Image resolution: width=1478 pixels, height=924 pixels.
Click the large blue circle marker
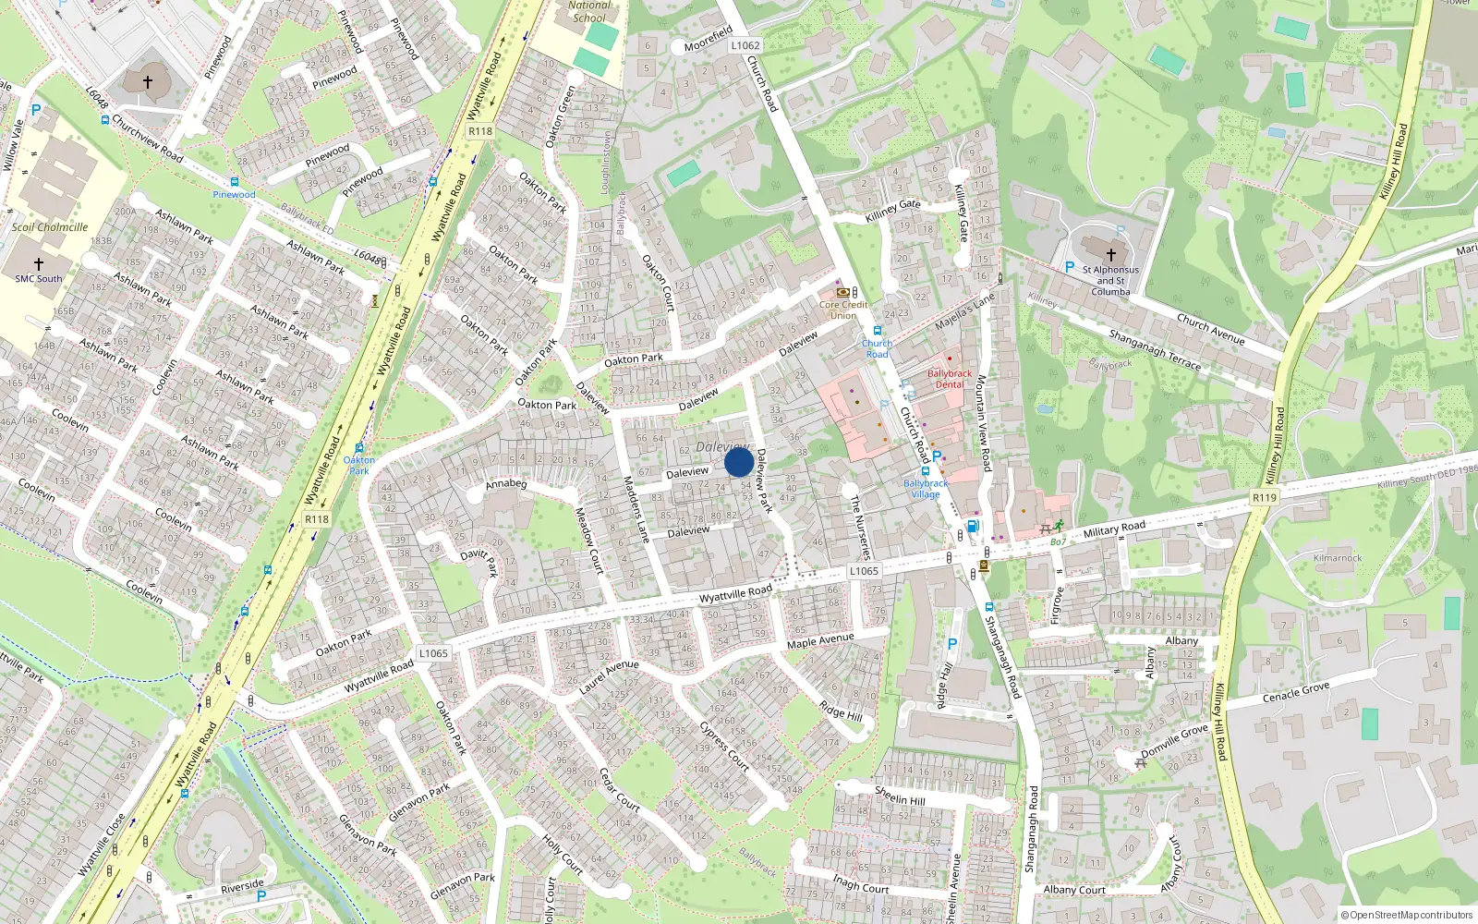point(738,462)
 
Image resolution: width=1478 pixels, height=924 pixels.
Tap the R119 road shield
point(1264,497)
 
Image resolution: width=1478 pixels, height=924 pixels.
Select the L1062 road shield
point(745,45)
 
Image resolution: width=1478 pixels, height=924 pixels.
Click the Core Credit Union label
point(842,310)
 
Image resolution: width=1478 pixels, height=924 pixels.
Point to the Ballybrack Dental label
point(950,379)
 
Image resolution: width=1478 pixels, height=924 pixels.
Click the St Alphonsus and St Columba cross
point(1110,254)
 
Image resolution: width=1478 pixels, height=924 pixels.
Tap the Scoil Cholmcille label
point(50,227)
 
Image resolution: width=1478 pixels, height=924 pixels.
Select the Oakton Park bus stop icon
point(359,448)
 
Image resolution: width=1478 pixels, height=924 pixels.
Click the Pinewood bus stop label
point(235,194)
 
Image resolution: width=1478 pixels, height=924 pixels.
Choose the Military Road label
point(1114,529)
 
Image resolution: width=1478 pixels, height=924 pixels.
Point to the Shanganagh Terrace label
point(1155,350)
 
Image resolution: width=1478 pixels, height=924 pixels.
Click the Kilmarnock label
point(1338,558)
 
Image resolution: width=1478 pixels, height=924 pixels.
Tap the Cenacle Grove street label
point(1296,692)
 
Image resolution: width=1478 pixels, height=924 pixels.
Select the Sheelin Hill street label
point(900,796)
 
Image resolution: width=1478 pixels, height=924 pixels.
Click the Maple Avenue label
point(820,640)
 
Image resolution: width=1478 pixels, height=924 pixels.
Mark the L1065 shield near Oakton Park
point(432,653)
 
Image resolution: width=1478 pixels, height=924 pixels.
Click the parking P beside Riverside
point(261,896)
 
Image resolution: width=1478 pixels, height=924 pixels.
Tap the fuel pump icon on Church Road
point(972,527)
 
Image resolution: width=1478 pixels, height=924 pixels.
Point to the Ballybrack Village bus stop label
point(926,488)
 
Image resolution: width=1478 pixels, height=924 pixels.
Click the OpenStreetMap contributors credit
point(1406,916)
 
